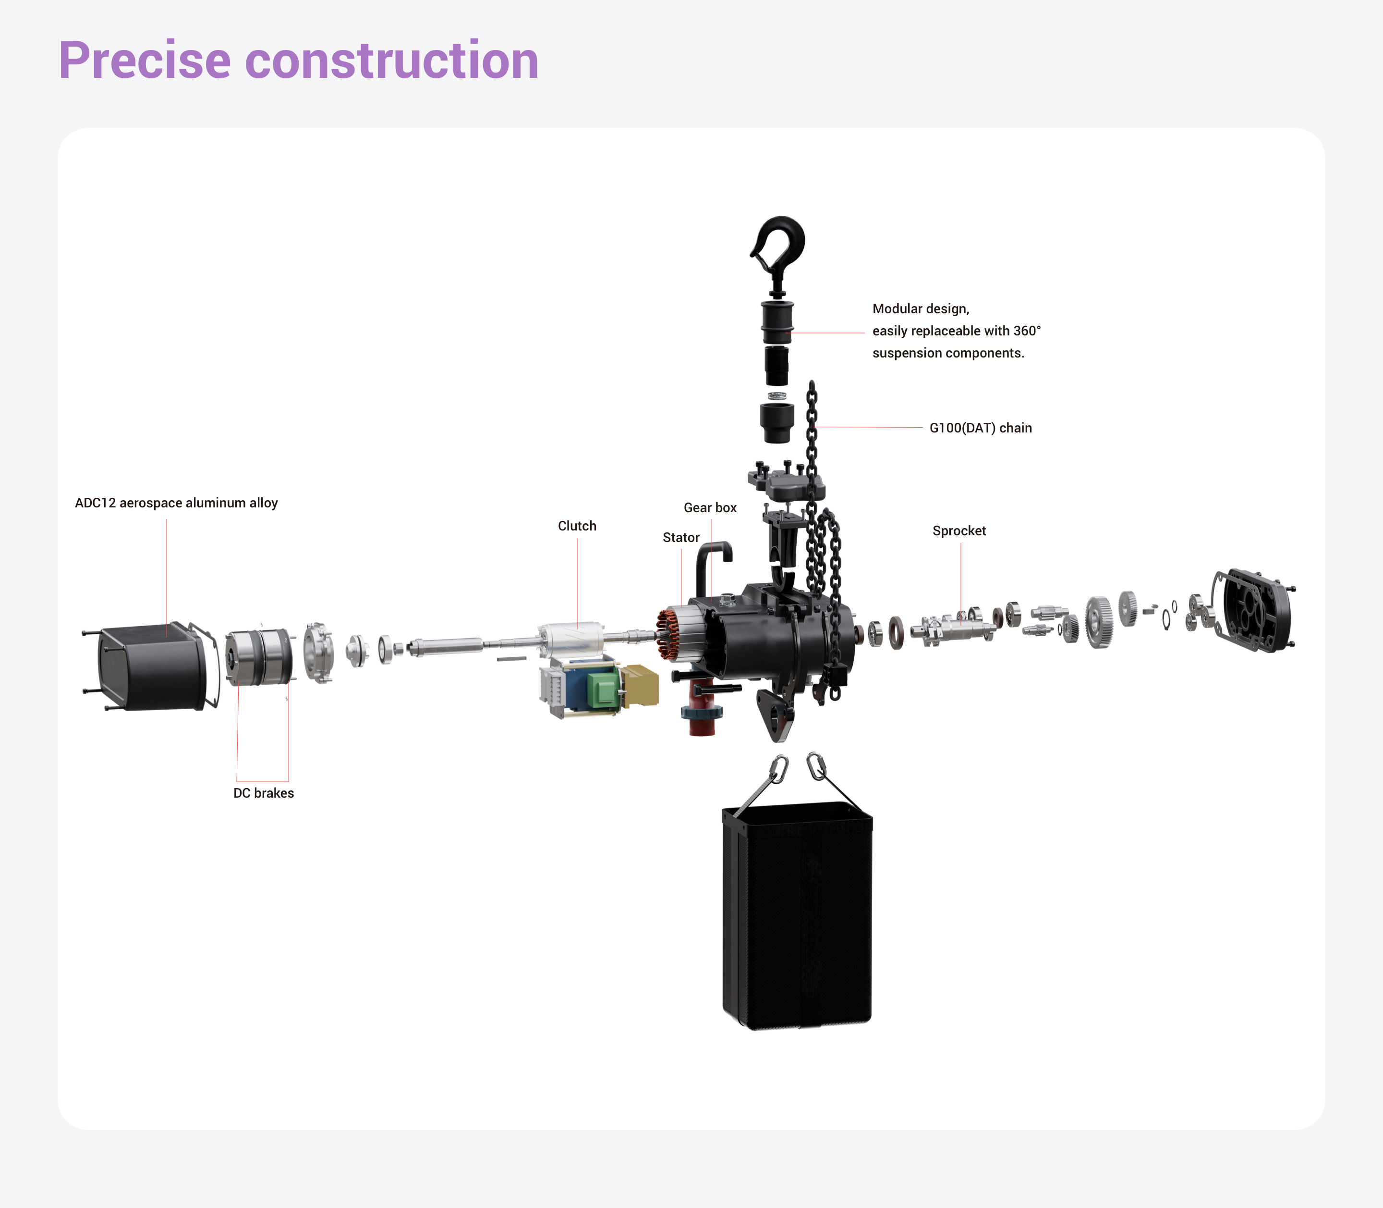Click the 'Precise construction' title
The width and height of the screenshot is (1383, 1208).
(298, 61)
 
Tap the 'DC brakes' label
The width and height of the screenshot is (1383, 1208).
(264, 793)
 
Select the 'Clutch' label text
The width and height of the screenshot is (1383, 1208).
(577, 526)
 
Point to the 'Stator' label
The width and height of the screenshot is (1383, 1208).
(681, 537)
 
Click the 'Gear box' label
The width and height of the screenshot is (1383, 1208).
(710, 507)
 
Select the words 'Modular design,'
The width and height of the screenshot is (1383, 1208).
(921, 309)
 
